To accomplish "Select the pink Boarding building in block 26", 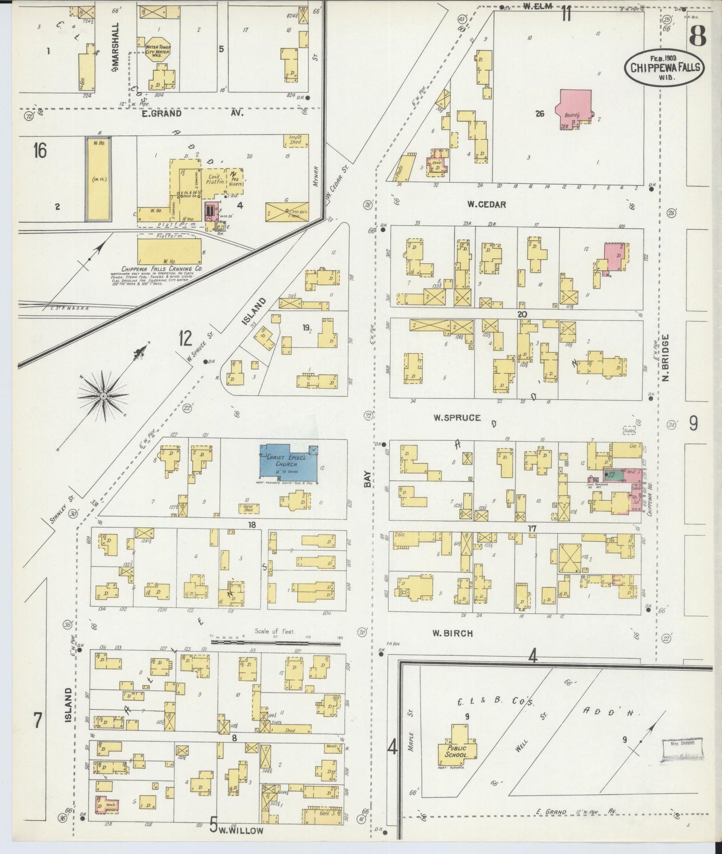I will (574, 109).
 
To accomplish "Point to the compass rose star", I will (102, 396).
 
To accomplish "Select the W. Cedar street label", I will (486, 204).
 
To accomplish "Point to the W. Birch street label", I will (452, 633).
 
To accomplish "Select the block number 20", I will (522, 314).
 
